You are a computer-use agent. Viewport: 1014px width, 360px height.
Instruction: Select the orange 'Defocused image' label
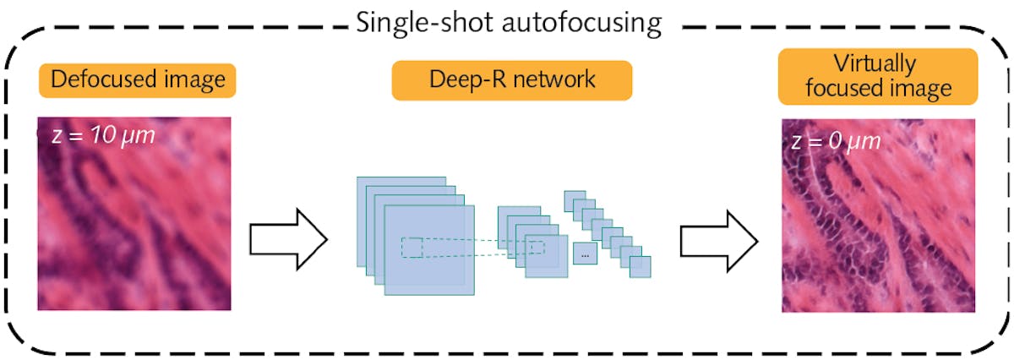click(x=136, y=80)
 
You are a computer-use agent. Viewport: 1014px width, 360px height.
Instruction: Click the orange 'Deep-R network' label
click(x=511, y=80)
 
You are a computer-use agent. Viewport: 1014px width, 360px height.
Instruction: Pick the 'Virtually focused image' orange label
click(x=878, y=76)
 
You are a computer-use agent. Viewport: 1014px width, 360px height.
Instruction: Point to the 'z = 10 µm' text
click(x=104, y=135)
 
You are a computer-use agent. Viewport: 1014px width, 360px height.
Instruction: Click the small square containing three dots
click(x=585, y=254)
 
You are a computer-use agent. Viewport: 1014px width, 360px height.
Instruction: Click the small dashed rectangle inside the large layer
click(x=412, y=247)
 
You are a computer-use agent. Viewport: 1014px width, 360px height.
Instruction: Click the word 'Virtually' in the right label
click(x=878, y=65)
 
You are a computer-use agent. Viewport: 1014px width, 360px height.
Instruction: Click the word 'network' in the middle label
click(x=554, y=80)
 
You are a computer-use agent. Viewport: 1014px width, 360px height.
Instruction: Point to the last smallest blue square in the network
click(x=640, y=266)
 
